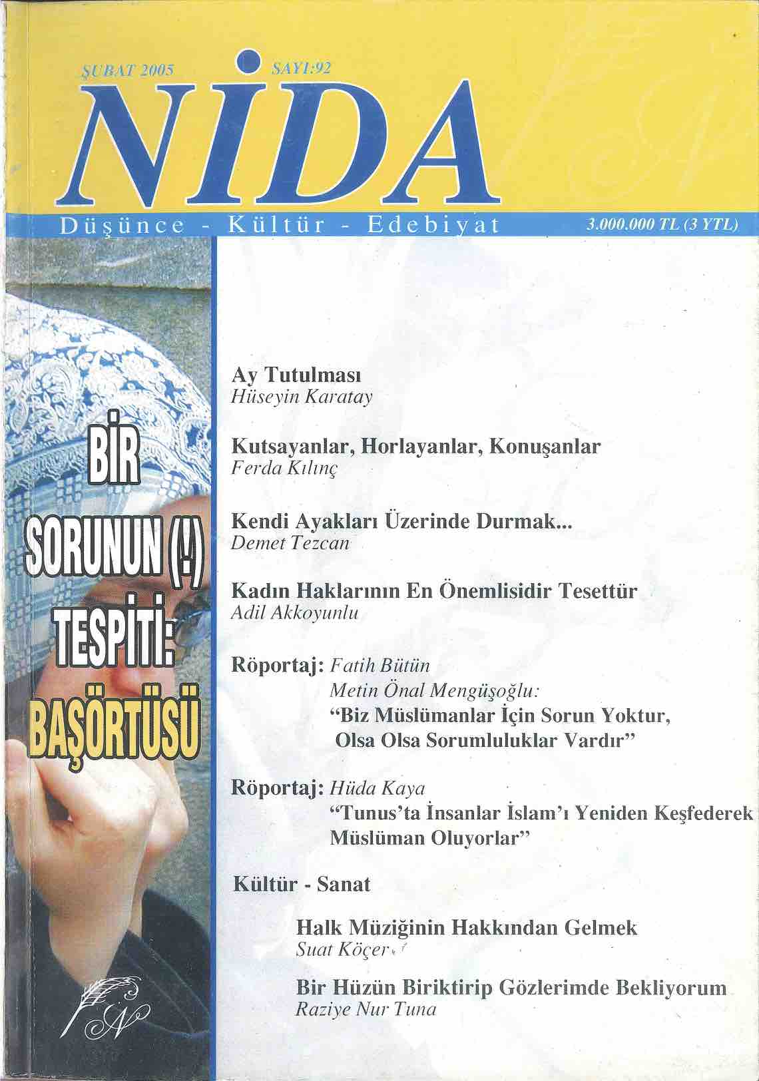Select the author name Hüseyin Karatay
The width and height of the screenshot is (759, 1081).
click(301, 397)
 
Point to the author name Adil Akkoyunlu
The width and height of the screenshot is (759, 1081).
click(294, 613)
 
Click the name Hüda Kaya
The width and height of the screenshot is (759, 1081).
click(378, 789)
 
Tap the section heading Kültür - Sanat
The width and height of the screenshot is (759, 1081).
click(302, 884)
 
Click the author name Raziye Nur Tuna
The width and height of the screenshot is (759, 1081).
click(366, 1009)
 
